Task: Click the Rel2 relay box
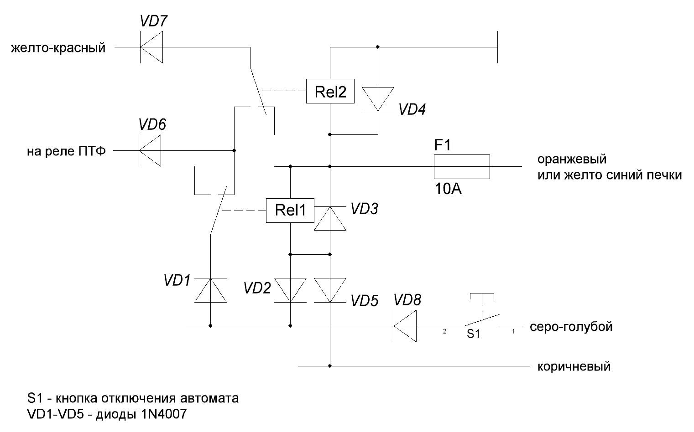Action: [330, 93]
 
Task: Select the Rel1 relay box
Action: [290, 211]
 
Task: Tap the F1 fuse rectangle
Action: [461, 166]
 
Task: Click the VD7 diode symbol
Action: [151, 47]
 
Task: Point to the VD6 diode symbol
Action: [150, 150]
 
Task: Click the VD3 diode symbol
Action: [330, 218]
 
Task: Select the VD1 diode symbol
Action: [210, 290]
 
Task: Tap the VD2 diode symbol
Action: [290, 290]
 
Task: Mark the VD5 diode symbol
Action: [330, 290]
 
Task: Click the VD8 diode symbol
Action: [405, 326]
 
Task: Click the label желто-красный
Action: [58, 48]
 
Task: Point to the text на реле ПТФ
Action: [66, 151]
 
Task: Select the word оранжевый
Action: [572, 160]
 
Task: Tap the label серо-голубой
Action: [571, 327]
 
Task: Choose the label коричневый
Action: [574, 366]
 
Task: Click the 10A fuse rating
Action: [448, 189]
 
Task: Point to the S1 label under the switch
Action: [473, 334]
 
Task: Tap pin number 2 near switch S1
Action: [444, 332]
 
